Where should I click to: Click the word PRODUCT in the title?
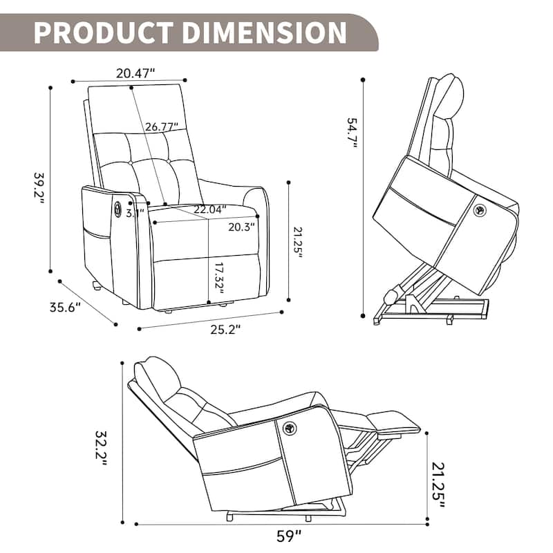click(x=97, y=32)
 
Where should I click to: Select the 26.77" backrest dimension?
click(x=162, y=126)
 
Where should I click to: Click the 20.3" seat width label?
click(x=242, y=226)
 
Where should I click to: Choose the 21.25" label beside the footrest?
click(x=439, y=485)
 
